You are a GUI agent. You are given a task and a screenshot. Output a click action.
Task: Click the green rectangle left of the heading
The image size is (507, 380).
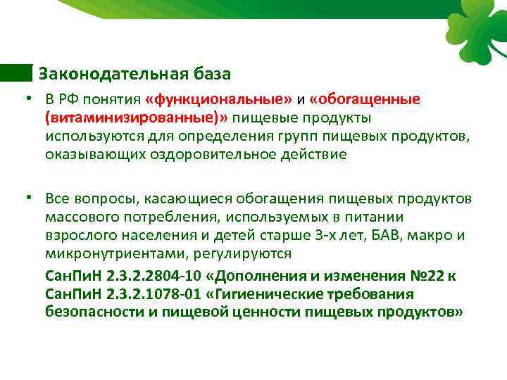(x=16, y=73)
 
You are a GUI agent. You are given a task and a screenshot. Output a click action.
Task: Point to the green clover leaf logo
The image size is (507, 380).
(x=475, y=28)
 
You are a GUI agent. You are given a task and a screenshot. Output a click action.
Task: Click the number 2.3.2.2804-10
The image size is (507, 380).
(x=155, y=275)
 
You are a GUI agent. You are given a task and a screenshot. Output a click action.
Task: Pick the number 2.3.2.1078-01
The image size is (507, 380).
(x=155, y=293)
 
